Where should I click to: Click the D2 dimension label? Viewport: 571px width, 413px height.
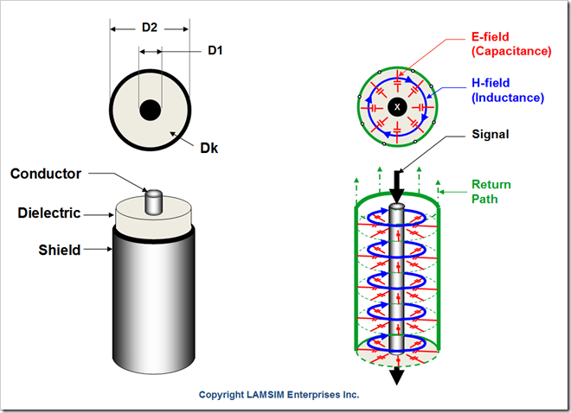point(150,29)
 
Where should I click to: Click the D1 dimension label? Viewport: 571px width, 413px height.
point(215,51)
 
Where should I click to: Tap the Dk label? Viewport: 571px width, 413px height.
point(209,148)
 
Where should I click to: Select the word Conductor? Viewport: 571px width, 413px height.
point(46,174)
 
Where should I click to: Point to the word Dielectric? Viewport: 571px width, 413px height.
point(49,213)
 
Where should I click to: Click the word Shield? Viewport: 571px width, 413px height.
point(60,250)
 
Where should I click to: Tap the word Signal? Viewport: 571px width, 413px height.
point(491,135)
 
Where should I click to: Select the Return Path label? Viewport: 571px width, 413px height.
point(491,190)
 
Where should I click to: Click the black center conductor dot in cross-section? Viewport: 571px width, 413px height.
point(150,111)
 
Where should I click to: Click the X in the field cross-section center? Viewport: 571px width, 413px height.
point(397,106)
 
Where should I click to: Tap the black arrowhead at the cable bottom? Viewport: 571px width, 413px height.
point(397,377)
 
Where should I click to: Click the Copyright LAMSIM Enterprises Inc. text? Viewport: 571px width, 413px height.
point(279,395)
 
